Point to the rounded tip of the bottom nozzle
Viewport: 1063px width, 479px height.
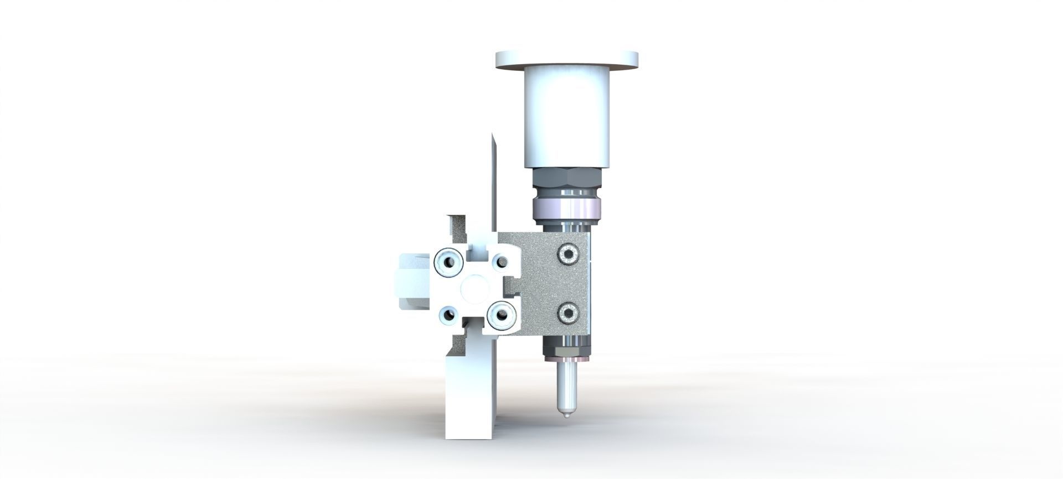[x=566, y=415]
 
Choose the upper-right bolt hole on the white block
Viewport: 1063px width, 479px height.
[x=501, y=262]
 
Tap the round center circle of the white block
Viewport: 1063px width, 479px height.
[x=474, y=288]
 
